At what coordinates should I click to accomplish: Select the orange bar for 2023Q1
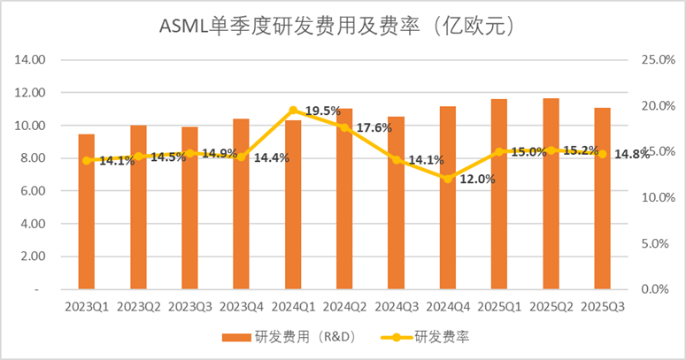(x=86, y=212)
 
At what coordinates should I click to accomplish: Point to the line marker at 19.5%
(x=293, y=111)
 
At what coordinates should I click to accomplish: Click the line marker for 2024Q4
(x=448, y=179)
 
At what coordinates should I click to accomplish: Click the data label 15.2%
(x=579, y=150)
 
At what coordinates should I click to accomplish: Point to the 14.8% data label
(x=629, y=154)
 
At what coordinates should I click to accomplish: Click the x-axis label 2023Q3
(x=189, y=306)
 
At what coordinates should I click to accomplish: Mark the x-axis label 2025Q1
(x=499, y=306)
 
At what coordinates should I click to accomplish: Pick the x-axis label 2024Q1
(x=293, y=306)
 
